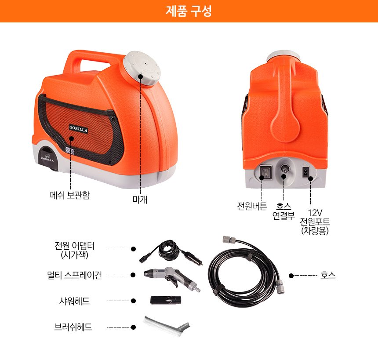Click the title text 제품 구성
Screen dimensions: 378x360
coord(189,11)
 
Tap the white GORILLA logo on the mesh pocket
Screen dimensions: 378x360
coord(78,129)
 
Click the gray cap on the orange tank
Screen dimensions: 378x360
coord(142,68)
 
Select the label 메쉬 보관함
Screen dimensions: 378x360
coord(70,195)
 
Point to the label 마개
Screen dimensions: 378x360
coord(140,200)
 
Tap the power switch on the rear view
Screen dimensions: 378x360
coord(265,172)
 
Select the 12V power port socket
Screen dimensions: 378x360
coord(305,172)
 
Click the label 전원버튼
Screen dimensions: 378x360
coord(252,206)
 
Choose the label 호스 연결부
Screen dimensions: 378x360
coord(283,211)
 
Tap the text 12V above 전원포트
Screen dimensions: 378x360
coord(315,213)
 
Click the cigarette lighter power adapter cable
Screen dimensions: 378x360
coord(171,252)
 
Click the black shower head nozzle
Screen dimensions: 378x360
coord(166,300)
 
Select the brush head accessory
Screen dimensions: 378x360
coord(167,325)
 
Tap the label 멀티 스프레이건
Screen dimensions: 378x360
coord(74,275)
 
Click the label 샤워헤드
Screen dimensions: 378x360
coord(74,301)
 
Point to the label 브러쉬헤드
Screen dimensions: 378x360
coord(73,327)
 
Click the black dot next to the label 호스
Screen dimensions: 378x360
coord(291,275)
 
